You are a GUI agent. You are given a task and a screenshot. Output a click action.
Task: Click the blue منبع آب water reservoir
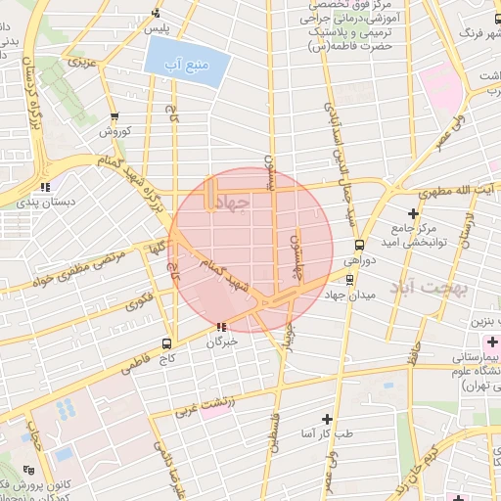pos(187,65)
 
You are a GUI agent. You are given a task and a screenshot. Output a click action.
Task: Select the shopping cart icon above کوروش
pos(114,116)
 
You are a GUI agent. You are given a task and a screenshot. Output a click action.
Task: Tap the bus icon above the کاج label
pos(166,343)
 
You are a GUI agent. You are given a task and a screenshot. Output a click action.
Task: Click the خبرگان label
pos(222,342)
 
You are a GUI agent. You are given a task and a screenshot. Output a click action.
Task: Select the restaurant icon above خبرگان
pos(224,327)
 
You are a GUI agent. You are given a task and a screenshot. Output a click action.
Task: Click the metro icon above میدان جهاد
pos(359,246)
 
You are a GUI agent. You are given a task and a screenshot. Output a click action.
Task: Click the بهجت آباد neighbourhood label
pos(432,289)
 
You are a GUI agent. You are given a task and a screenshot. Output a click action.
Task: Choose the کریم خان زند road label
pos(415,470)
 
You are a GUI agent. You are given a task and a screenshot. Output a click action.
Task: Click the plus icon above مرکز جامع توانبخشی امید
pos(414,212)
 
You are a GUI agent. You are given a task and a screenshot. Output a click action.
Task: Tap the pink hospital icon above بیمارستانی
pos(492,342)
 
